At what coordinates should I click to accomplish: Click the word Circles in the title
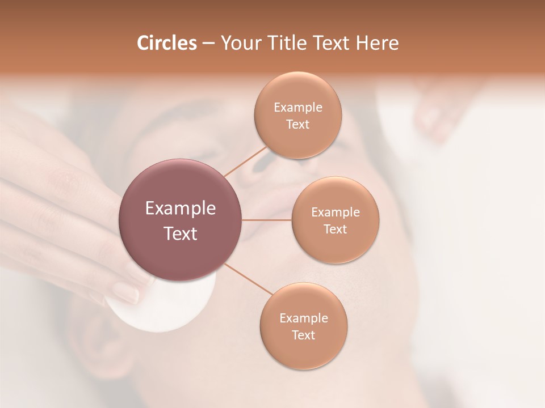[x=166, y=43]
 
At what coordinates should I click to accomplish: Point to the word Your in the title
[x=237, y=43]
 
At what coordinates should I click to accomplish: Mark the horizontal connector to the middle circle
[x=267, y=220]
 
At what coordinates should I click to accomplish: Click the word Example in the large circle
[x=181, y=209]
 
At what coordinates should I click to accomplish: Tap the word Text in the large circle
[x=181, y=233]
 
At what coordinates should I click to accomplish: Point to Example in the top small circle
[x=297, y=108]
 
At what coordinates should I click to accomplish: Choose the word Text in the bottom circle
[x=303, y=335]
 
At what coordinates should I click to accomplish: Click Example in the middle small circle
[x=335, y=212]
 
